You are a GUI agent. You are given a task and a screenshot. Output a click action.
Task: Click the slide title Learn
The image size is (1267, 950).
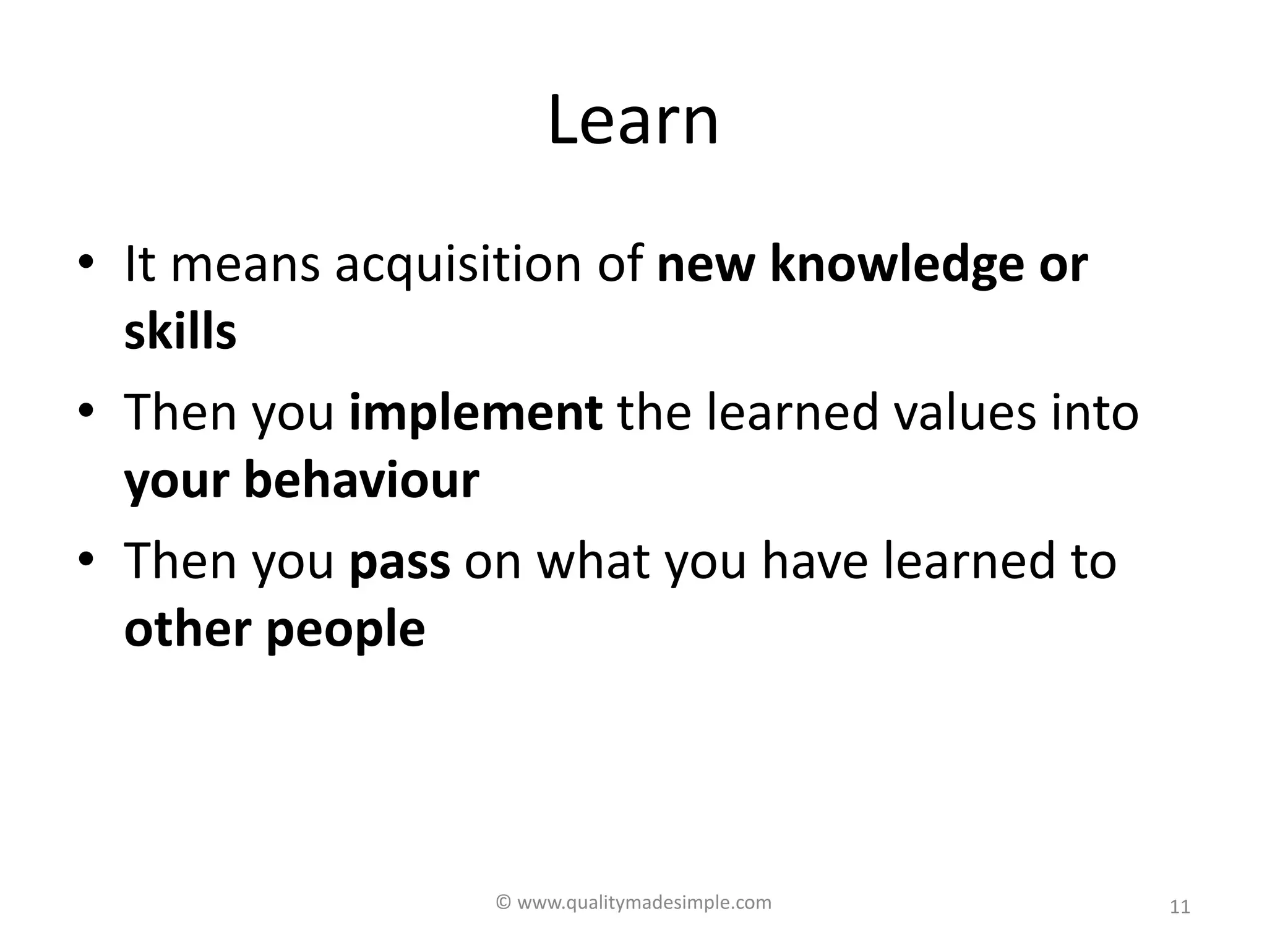pos(633,120)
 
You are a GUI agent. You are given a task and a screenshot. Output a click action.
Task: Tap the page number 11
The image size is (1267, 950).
pos(1180,907)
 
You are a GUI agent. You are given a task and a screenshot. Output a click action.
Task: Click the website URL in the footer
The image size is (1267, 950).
pos(644,903)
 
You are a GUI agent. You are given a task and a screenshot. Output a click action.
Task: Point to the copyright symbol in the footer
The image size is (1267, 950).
pos(504,903)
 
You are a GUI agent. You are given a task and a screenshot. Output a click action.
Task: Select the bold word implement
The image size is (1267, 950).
pos(476,413)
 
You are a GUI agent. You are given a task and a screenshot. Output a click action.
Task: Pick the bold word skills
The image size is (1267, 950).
pos(180,332)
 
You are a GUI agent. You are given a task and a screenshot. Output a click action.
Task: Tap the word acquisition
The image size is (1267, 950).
pos(458,265)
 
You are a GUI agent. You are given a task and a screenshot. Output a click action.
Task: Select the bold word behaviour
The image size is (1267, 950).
pos(362,481)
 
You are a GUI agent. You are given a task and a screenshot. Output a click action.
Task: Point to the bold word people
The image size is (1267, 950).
pos(346,630)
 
